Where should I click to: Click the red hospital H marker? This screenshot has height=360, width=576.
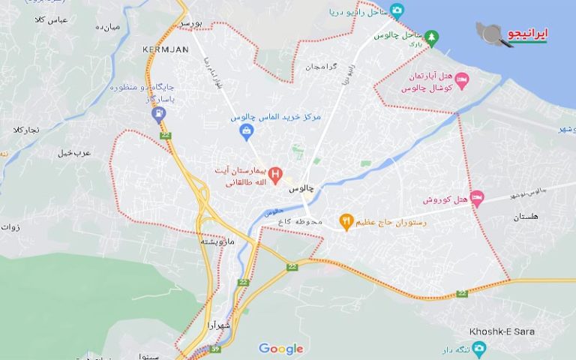coord(275,176)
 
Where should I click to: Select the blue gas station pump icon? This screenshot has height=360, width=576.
coord(158,114)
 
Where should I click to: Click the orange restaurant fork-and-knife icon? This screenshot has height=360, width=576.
coord(346,221)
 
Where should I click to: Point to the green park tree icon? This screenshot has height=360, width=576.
coord(431,36)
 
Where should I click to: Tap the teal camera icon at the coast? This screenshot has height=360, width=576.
coord(397,10)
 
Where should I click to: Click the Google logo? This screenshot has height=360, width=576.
coord(280,349)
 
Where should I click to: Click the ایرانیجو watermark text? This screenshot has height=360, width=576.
coord(528,34)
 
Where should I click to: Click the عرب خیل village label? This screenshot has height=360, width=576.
coord(74,152)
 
